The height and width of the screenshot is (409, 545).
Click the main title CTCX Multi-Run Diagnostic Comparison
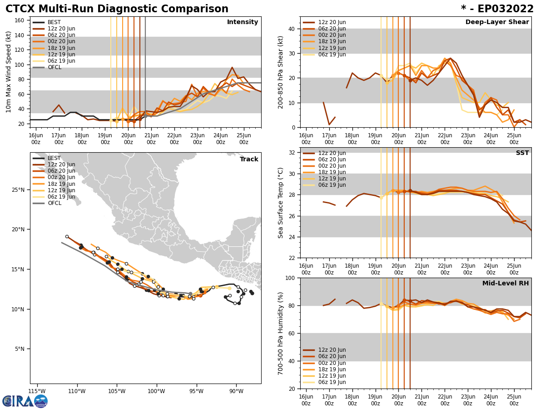[117, 9]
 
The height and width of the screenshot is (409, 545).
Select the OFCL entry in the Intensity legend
[54, 67]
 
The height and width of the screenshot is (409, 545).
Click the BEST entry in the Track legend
[54, 158]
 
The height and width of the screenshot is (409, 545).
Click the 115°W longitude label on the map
[37, 391]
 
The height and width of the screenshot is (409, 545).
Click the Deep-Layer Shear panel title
[497, 22]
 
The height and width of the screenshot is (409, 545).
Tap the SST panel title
[522, 153]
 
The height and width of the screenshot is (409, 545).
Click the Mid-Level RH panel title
[505, 284]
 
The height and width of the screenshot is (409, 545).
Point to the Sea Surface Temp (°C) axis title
[281, 203]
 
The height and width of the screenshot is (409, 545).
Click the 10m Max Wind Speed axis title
[9, 72]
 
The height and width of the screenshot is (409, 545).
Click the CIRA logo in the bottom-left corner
[25, 401]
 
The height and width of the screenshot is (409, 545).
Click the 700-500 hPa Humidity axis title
[281, 333]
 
